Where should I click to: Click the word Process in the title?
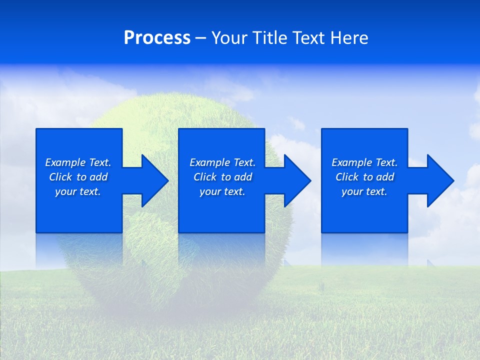(157, 38)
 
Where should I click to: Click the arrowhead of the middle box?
(297, 180)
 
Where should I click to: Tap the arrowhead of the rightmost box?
(440, 180)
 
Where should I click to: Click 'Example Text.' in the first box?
(78, 162)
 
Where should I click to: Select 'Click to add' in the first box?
(78, 177)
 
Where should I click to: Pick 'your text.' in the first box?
(78, 191)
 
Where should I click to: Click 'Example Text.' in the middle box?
(222, 162)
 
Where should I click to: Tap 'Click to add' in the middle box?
(222, 177)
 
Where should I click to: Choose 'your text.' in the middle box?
(222, 191)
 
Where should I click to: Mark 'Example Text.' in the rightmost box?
(364, 162)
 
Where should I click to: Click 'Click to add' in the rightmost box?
(364, 177)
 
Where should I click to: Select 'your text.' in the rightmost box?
(364, 191)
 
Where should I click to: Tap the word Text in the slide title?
(305, 38)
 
